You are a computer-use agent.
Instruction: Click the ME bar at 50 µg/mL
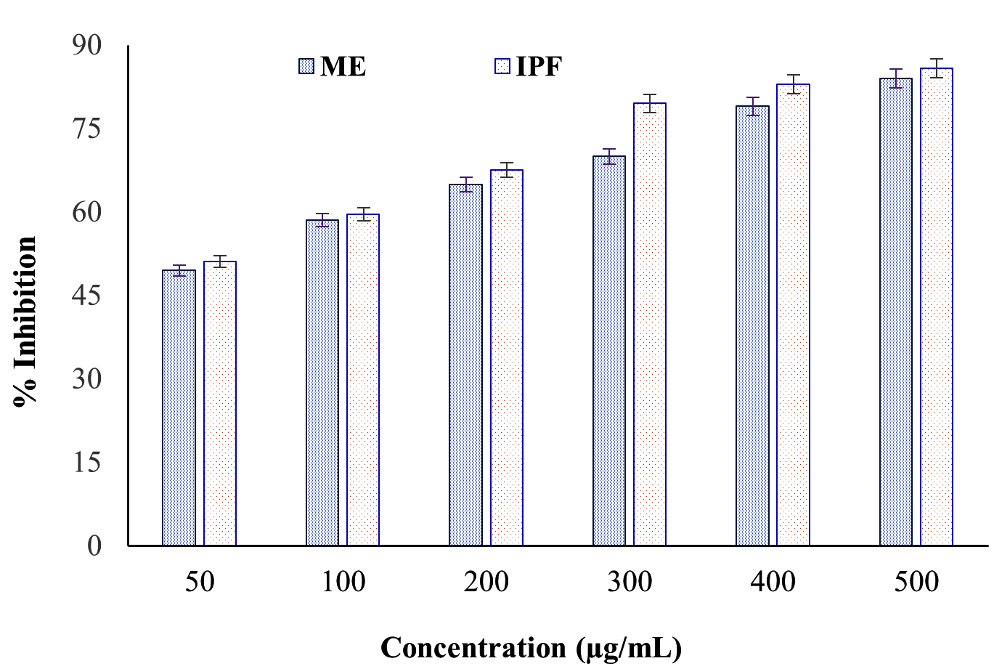pyautogui.click(x=179, y=407)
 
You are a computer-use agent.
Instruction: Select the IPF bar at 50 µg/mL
pyautogui.click(x=220, y=403)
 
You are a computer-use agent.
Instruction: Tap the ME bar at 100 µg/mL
pyautogui.click(x=322, y=382)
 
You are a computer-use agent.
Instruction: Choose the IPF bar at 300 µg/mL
pyautogui.click(x=650, y=324)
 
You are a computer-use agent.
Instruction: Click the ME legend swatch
pyautogui.click(x=306, y=67)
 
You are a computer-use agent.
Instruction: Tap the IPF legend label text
pyautogui.click(x=539, y=67)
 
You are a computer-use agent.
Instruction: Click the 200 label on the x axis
pyautogui.click(x=486, y=582)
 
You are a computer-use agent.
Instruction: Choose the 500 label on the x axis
pyautogui.click(x=916, y=582)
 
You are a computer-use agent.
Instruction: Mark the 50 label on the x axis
pyautogui.click(x=200, y=582)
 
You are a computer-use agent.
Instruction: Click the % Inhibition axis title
pyautogui.click(x=25, y=321)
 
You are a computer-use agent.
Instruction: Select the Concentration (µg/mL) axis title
pyautogui.click(x=531, y=647)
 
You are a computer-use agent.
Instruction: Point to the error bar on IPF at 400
pyautogui.click(x=793, y=84)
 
